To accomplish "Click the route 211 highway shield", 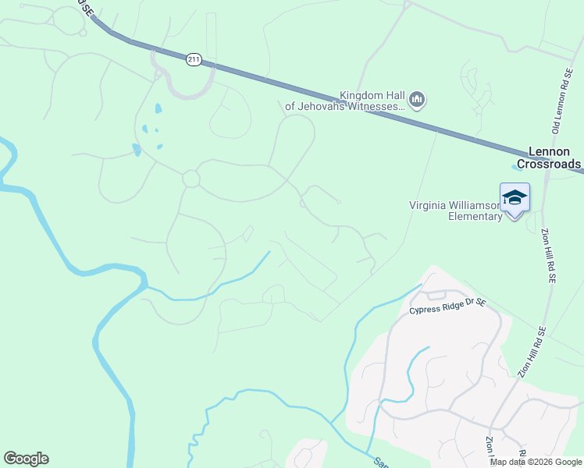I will [x=193, y=59].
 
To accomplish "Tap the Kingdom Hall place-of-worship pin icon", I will [x=417, y=100].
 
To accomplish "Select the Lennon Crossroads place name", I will [x=554, y=158].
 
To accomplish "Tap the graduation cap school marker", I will [x=515, y=197].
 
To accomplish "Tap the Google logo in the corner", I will [x=26, y=459].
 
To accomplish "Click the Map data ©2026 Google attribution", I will [x=536, y=462].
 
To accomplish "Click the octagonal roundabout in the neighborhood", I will [x=191, y=179].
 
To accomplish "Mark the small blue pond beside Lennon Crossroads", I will [x=518, y=165].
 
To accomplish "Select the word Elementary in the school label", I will [x=475, y=216].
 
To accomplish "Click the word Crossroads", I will [x=554, y=164].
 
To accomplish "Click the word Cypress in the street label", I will [x=425, y=310].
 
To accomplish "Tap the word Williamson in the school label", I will [x=473, y=205].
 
